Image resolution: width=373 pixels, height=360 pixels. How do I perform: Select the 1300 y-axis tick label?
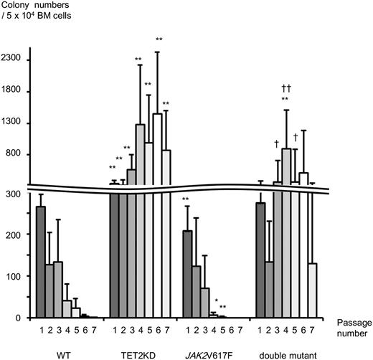[16, 123]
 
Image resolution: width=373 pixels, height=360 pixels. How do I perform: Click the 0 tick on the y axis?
[23, 318]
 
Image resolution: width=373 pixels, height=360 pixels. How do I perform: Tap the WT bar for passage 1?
[41, 262]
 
